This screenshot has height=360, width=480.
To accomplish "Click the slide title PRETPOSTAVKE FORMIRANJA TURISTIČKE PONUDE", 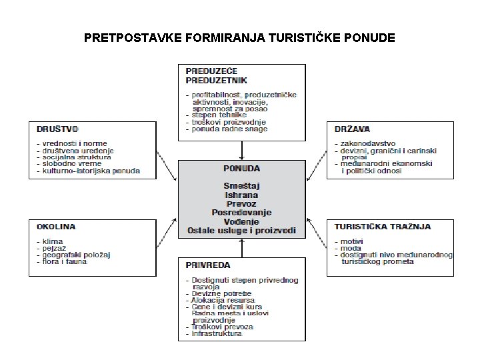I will tap(239, 38).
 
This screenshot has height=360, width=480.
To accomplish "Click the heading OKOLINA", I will tap(56, 227).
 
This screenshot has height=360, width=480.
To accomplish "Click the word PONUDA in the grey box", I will tap(241, 169).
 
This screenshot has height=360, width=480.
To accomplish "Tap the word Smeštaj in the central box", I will tap(241, 183).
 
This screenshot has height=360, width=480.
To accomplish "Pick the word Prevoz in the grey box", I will tap(241, 203).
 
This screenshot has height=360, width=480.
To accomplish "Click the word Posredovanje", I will tap(241, 212).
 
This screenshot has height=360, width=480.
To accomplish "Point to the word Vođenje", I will tap(241, 222).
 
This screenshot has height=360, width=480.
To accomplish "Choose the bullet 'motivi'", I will tap(353, 241).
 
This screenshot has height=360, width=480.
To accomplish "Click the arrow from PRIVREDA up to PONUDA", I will tap(241, 248).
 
